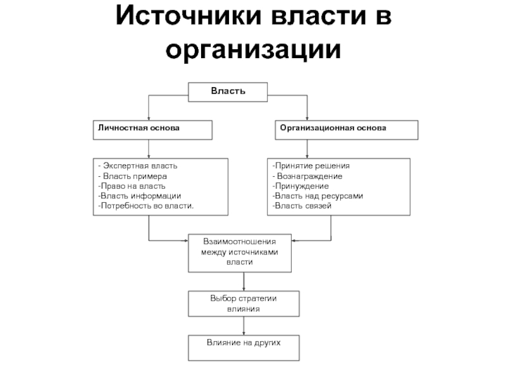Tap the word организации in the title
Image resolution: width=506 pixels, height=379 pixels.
[x=254, y=50]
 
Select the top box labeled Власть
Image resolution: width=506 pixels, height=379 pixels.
[x=228, y=92]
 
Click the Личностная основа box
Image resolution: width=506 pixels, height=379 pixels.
[x=152, y=130]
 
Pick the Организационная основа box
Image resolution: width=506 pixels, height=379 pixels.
[x=347, y=130]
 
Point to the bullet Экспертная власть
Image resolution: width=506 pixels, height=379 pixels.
[x=138, y=166]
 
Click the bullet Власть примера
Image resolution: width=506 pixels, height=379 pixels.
[x=133, y=176]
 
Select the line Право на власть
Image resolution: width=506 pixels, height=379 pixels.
[x=132, y=186]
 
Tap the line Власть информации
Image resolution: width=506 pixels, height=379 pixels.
[x=139, y=196]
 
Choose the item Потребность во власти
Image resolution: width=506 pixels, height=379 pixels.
[x=146, y=206]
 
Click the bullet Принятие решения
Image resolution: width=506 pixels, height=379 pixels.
[x=311, y=166]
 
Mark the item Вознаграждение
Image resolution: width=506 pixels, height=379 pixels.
[x=307, y=176]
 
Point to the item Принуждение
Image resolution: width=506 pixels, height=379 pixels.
[x=300, y=186]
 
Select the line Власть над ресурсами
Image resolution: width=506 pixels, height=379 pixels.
[x=318, y=196]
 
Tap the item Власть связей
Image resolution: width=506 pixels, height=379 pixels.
[x=302, y=206]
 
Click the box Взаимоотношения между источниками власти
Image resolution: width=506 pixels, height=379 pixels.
[x=240, y=253]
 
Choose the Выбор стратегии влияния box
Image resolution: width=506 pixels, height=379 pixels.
[x=244, y=304]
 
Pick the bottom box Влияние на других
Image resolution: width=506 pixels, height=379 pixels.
[x=244, y=348]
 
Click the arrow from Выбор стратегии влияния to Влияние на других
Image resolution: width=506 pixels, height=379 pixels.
[x=244, y=326]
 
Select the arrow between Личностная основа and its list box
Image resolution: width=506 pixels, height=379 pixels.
[x=149, y=149]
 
